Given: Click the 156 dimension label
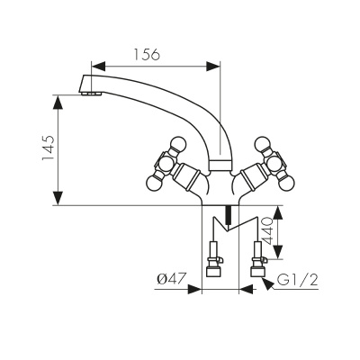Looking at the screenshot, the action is click(147, 55).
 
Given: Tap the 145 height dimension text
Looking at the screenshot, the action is click(49, 148).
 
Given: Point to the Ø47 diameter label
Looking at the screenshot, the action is click(172, 280).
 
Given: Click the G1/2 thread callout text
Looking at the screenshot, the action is click(297, 281).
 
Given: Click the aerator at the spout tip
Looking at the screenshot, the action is click(91, 94).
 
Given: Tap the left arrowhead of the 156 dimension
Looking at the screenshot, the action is click(99, 67).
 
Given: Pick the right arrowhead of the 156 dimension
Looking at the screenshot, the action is click(212, 67).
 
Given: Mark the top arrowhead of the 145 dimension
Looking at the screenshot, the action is click(58, 103).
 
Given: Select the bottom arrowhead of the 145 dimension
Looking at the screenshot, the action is click(58, 198).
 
